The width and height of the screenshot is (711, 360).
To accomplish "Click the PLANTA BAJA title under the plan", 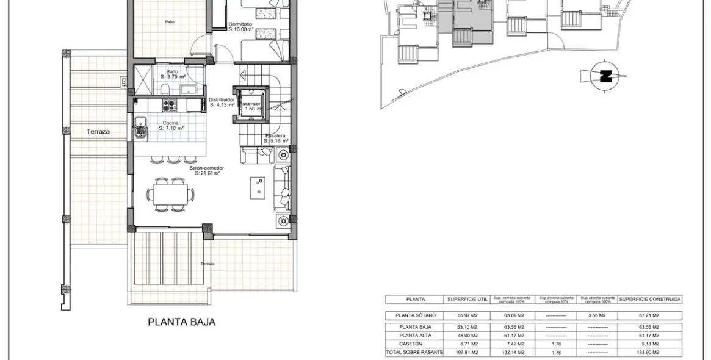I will [x=181, y=322].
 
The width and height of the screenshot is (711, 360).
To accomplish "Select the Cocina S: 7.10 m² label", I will [x=171, y=126].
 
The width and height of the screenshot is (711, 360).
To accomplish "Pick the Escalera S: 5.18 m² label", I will [x=275, y=139].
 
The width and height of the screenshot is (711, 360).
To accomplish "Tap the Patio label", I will [x=170, y=22].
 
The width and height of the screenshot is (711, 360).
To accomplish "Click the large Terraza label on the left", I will [x=98, y=131].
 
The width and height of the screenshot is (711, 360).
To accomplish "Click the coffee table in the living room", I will [x=258, y=188].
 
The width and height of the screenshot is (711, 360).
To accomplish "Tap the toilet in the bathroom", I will [x=165, y=91].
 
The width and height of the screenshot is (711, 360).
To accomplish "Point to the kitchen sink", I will [x=140, y=129].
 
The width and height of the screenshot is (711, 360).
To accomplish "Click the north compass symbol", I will [x=605, y=76].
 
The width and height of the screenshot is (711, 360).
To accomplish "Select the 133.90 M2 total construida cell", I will [x=649, y=353].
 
